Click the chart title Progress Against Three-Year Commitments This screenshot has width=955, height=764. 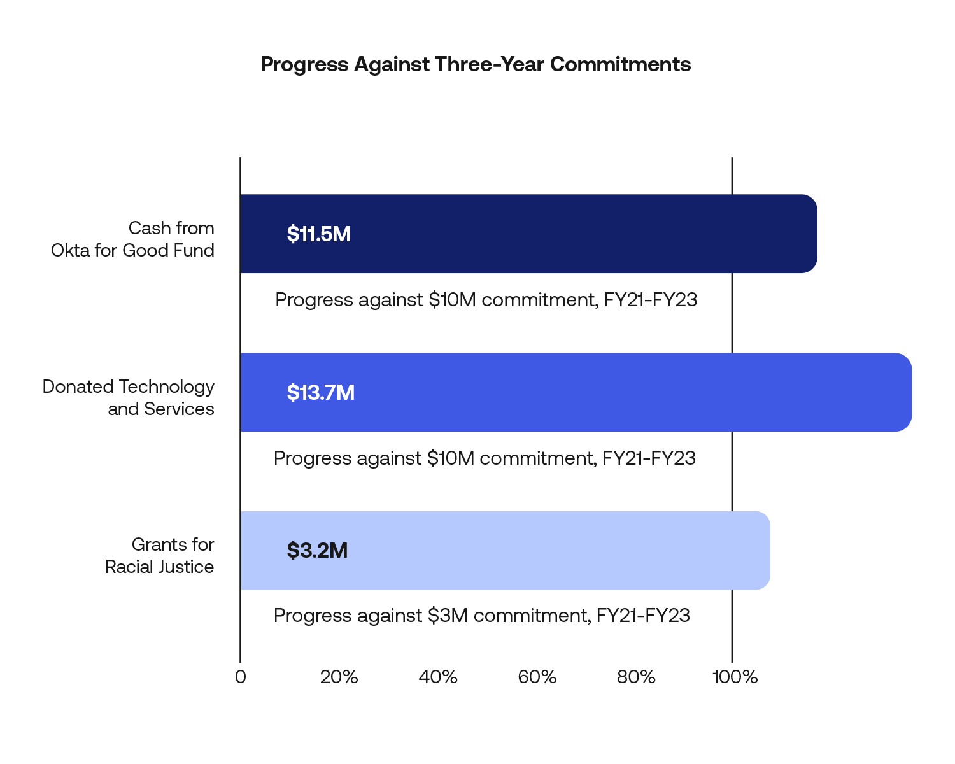pyautogui.click(x=476, y=64)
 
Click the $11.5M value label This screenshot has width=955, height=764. pyautogui.click(x=319, y=234)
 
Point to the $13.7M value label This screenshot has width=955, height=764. pyautogui.click(x=321, y=393)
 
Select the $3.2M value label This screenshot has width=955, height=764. pyautogui.click(x=317, y=551)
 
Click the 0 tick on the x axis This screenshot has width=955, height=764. pyautogui.click(x=240, y=677)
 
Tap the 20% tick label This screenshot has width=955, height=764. pyautogui.click(x=339, y=677)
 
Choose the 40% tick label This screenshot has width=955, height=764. pyautogui.click(x=438, y=677)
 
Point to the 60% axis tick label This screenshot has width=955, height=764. pyautogui.click(x=537, y=677)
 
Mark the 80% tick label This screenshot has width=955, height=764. pyautogui.click(x=636, y=677)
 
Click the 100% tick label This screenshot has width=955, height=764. pyautogui.click(x=735, y=677)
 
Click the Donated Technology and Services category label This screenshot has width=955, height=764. pyautogui.click(x=129, y=398)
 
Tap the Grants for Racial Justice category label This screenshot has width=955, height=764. pyautogui.click(x=160, y=556)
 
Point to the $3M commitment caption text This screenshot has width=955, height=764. pyautogui.click(x=482, y=616)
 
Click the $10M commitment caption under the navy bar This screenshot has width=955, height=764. pyautogui.click(x=486, y=300)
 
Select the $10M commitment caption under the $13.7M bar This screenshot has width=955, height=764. pyautogui.click(x=485, y=458)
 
